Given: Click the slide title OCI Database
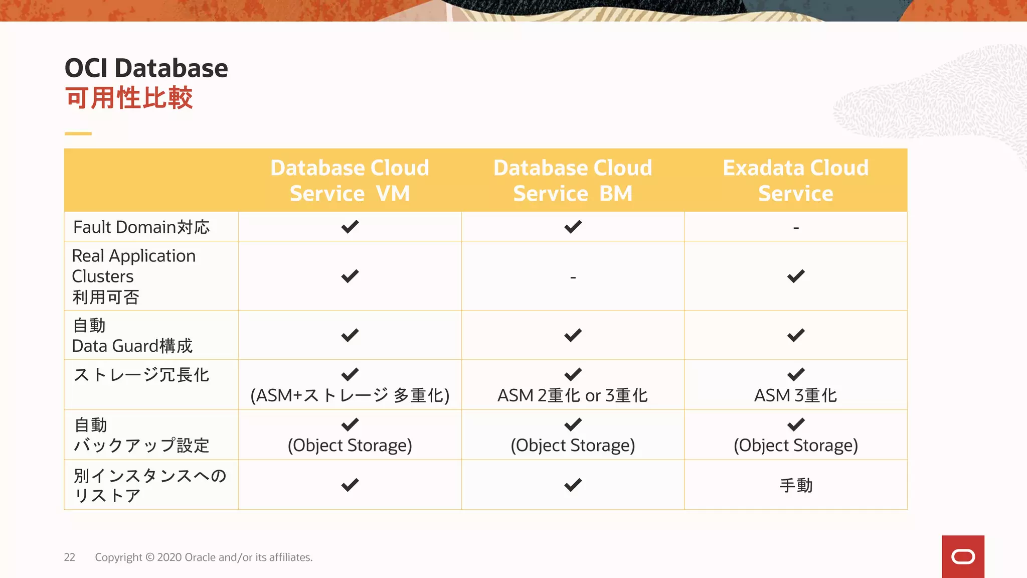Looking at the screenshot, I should pyautogui.click(x=146, y=68).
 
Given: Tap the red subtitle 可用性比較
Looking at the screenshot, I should pyautogui.click(x=129, y=98).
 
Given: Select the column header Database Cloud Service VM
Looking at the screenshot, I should pyautogui.click(x=350, y=180).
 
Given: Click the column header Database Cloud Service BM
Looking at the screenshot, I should pyautogui.click(x=573, y=180).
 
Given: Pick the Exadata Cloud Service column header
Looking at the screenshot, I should pyautogui.click(x=795, y=180).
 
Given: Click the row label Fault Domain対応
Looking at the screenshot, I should pyautogui.click(x=141, y=227).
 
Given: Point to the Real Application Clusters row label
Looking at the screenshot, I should pyautogui.click(x=133, y=276).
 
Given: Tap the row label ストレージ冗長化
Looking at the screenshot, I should pyautogui.click(x=141, y=375).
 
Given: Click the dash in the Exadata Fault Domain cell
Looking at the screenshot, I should pyautogui.click(x=796, y=228).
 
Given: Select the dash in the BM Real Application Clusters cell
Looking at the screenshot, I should pyautogui.click(x=573, y=277).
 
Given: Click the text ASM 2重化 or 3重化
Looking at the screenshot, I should pyautogui.click(x=573, y=396).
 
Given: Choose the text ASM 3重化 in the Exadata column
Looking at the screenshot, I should pyautogui.click(x=795, y=396).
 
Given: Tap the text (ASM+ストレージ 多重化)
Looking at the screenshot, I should pyautogui.click(x=350, y=396).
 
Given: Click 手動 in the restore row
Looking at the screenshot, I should pyautogui.click(x=796, y=485).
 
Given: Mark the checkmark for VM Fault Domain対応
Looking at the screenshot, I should pyautogui.click(x=350, y=227).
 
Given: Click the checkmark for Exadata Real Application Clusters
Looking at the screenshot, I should pyautogui.click(x=795, y=276).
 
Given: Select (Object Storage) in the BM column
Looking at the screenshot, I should pyautogui.click(x=573, y=446).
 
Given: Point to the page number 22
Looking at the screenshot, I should pyautogui.click(x=69, y=557).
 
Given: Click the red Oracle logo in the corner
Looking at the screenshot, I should pyautogui.click(x=963, y=556).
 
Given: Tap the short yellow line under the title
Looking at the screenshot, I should pyautogui.click(x=78, y=133).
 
